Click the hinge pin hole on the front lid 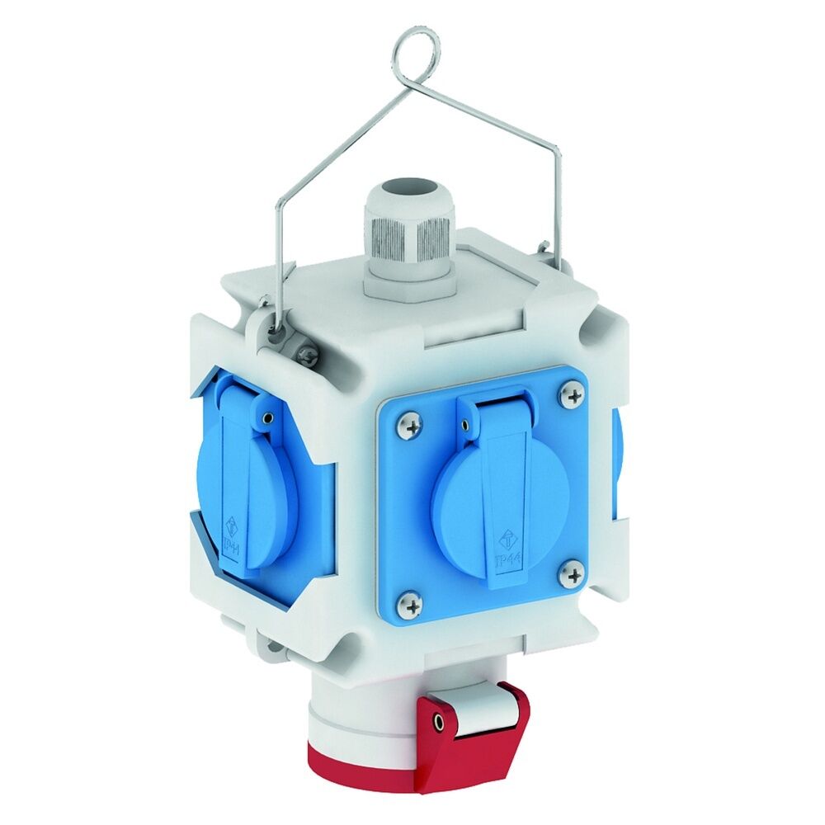pyautogui.click(x=467, y=426)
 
